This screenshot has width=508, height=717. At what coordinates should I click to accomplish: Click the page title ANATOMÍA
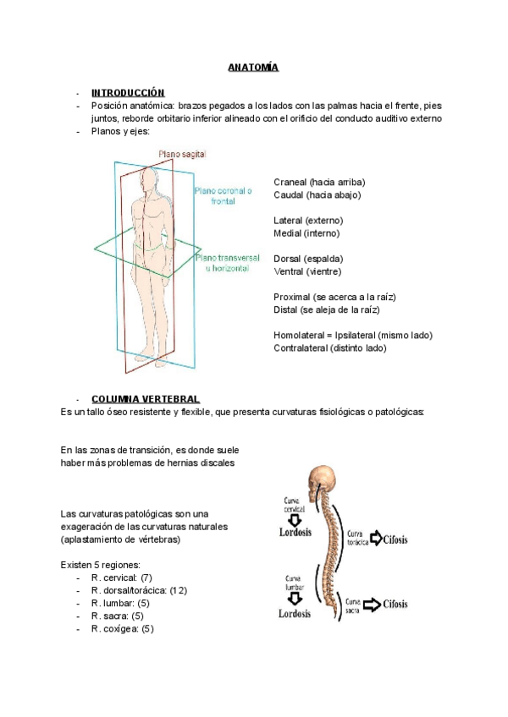pyautogui.click(x=252, y=67)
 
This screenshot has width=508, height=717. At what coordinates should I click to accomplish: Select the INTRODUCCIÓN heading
pyautogui.click(x=128, y=92)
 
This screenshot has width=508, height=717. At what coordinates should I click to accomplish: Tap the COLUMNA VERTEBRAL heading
pyautogui.click(x=145, y=398)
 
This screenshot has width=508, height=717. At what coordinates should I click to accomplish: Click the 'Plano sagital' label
pyautogui.click(x=182, y=155)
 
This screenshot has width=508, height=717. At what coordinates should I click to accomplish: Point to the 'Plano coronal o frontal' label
pyautogui.click(x=224, y=197)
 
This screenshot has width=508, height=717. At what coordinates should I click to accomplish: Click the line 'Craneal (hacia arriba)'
pyautogui.click(x=320, y=182)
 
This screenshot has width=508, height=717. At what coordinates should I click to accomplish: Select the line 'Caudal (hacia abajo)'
pyautogui.click(x=317, y=194)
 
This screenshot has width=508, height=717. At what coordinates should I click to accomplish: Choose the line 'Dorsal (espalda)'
pyautogui.click(x=308, y=258)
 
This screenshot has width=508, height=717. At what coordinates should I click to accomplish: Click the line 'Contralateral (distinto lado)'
pyautogui.click(x=330, y=348)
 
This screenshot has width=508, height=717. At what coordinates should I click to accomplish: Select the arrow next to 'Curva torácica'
pyautogui.click(x=375, y=539)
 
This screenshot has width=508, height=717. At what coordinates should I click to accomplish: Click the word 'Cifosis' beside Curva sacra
pyautogui.click(x=395, y=604)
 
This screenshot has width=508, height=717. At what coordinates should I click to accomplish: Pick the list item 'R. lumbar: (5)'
pyautogui.click(x=120, y=603)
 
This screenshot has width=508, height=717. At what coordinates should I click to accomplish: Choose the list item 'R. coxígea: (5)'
pyautogui.click(x=123, y=628)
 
